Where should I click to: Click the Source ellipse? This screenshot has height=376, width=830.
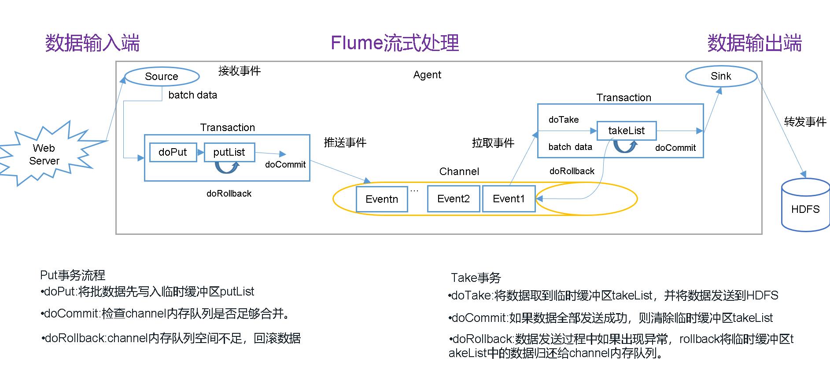162,77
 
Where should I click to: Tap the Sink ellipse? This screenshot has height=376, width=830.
721,76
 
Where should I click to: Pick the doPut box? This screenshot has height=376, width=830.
173,152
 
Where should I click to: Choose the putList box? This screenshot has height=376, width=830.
229,152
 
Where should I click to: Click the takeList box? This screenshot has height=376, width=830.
626,131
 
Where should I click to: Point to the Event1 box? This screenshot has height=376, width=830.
509,199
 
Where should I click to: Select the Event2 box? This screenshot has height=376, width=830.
453,199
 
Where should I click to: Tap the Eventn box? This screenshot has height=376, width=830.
381,199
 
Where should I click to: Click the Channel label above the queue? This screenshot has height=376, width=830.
459,172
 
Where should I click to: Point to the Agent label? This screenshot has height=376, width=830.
427,75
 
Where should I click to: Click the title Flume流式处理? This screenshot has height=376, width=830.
395,43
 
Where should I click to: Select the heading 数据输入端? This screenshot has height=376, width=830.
92,43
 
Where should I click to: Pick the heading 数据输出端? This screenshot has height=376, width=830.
754,43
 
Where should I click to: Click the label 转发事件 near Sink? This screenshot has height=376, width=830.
805,122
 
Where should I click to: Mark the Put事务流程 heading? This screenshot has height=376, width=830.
73,275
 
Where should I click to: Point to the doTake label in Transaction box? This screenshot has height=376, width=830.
564,120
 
